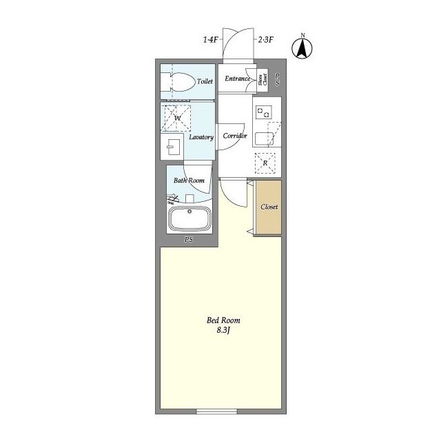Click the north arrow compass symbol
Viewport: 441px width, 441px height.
tap(302, 48)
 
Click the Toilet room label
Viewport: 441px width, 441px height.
tap(205, 81)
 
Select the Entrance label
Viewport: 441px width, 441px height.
tap(237, 79)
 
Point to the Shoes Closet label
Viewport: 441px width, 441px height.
tap(263, 80)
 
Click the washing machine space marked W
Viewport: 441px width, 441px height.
tap(178, 118)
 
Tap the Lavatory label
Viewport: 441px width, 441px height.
tap(201, 137)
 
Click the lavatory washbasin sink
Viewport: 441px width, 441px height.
tap(172, 147)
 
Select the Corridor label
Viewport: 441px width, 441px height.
tap(235, 136)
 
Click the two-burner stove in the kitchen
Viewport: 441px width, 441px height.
tap(264, 112)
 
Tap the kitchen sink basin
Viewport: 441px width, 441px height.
tap(265, 139)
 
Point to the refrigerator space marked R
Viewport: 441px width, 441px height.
tap(265, 163)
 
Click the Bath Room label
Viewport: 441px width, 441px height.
tap(189, 181)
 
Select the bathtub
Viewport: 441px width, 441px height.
tap(189, 219)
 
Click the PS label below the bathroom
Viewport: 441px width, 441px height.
tap(189, 240)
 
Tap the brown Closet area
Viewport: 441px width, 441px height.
tap(269, 207)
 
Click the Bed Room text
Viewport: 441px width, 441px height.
tap(223, 320)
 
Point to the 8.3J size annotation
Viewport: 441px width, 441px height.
tap(223, 331)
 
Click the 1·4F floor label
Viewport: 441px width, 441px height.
tap(211, 40)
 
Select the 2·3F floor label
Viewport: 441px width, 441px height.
tap(265, 40)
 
